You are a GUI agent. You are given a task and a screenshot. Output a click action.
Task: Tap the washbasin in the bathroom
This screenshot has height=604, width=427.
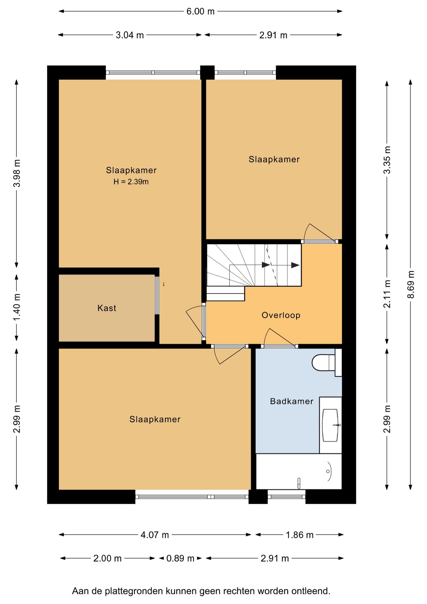(330, 425)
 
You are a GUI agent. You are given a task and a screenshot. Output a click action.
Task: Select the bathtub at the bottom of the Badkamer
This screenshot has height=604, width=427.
(299, 471)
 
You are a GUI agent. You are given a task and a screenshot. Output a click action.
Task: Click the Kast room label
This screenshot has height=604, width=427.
(107, 308)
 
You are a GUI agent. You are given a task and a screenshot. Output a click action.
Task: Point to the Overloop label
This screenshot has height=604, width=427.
(281, 315)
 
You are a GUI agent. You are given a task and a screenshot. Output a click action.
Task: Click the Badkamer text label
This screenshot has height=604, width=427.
(291, 401)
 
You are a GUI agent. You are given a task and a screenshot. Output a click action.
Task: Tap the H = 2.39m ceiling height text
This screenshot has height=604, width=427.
(131, 182)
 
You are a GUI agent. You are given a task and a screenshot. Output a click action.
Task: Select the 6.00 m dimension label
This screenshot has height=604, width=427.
(200, 11)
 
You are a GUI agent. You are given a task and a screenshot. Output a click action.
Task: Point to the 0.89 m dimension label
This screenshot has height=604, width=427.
(180, 558)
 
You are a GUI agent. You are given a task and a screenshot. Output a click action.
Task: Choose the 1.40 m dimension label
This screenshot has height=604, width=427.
(17, 307)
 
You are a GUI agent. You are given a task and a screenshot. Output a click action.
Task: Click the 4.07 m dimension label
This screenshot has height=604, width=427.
(155, 535)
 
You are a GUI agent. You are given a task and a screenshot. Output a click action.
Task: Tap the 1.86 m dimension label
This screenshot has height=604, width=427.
(299, 535)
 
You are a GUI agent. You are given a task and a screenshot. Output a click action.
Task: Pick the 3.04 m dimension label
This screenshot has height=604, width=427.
(130, 35)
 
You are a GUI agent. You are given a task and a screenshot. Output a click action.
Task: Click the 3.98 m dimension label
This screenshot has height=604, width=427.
(17, 173)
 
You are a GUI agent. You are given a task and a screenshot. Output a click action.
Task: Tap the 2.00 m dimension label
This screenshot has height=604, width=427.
(107, 558)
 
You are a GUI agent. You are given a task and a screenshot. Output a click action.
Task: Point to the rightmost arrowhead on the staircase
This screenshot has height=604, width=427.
(295, 265)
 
